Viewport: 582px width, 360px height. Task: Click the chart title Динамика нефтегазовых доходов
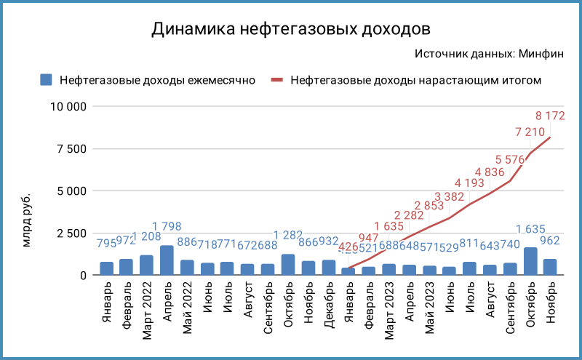click(x=290, y=29)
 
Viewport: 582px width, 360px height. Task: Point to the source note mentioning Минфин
click(x=498, y=54)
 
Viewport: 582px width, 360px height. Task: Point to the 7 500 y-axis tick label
click(x=71, y=149)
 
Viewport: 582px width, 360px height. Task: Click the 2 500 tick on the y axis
click(x=71, y=233)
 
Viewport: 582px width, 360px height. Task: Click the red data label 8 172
click(x=550, y=115)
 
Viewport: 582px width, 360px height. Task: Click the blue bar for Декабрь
click(x=328, y=268)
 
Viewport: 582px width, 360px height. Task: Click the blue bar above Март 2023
click(x=388, y=270)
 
